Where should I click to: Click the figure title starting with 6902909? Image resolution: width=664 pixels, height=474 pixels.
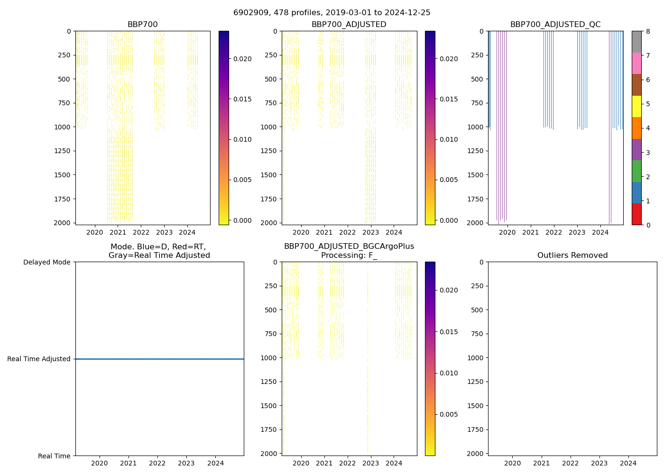332,13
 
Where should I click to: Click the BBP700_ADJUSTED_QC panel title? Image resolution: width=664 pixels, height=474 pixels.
555,25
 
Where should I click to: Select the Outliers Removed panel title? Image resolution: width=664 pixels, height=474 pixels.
572,255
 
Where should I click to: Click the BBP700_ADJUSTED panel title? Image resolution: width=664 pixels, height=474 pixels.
349,25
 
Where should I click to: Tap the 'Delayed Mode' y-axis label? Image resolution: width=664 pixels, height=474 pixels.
46,262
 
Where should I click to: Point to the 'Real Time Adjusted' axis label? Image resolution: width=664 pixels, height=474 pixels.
39,359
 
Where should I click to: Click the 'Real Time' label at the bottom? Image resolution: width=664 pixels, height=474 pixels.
54,456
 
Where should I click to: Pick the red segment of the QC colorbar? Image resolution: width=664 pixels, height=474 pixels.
636,214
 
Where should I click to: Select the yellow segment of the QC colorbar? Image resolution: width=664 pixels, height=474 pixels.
636,106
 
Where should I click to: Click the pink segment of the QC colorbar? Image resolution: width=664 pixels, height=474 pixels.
636,63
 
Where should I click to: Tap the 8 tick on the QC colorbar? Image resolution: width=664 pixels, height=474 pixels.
648,31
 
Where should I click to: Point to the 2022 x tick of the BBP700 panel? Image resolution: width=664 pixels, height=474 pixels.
141,232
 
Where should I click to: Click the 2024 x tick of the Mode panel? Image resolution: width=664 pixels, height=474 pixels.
215,463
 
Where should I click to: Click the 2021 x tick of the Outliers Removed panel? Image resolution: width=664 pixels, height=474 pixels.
541,463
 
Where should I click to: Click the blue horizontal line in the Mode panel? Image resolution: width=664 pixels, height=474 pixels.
159,359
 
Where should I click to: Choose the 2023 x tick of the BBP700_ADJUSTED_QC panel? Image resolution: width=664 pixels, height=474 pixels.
577,232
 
